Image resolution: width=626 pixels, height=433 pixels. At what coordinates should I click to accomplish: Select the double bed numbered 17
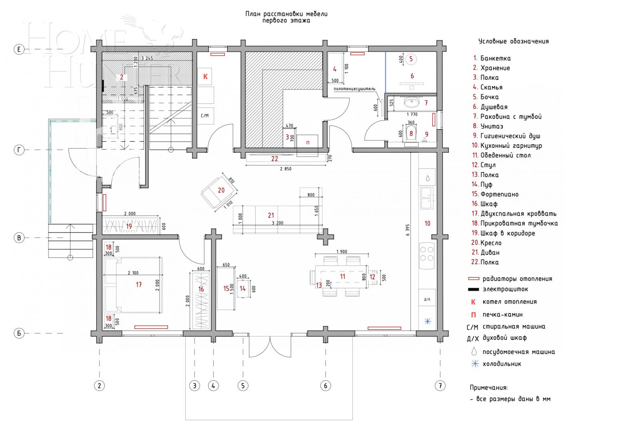133,285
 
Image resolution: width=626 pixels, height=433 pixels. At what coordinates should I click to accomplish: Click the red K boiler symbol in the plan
205,76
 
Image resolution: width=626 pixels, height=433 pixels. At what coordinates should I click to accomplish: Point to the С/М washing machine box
205,116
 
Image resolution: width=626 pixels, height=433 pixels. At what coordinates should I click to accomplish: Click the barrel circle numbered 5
411,59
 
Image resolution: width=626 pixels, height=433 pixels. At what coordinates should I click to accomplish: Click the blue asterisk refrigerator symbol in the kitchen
427,321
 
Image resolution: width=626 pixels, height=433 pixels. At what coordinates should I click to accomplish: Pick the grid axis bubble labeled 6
325,386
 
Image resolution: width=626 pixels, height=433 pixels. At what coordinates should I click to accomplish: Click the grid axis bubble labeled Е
19,49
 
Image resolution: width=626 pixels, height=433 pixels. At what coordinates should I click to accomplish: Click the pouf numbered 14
243,288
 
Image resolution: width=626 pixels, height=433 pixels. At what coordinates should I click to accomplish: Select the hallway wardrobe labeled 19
131,226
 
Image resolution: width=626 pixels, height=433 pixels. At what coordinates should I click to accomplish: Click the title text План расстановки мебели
286,14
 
